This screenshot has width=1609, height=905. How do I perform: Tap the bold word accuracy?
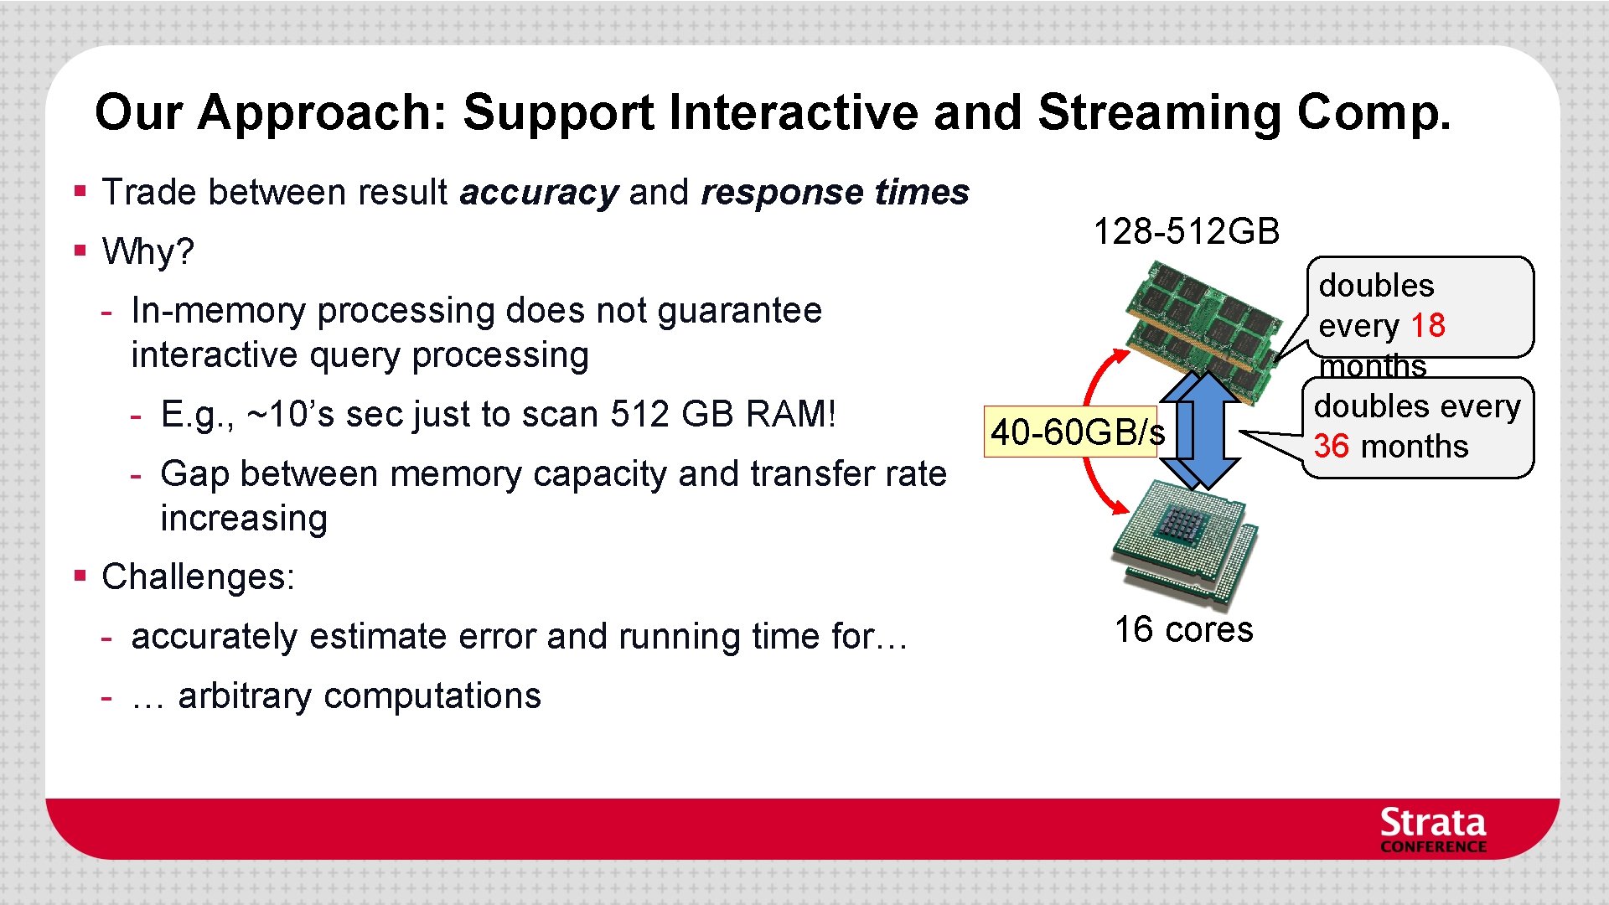coord(538,193)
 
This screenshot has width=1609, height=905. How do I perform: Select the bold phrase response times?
coord(835,193)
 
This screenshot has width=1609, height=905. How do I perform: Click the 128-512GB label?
coord(1186,231)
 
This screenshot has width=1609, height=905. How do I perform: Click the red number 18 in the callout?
coord(1428,325)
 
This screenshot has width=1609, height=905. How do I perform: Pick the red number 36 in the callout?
coord(1331,447)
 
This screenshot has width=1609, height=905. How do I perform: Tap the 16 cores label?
coord(1183,630)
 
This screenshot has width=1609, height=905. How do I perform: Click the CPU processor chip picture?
coord(1183,540)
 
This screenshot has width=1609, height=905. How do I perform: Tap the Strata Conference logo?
coord(1432,830)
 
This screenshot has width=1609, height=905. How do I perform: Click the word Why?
coord(147,251)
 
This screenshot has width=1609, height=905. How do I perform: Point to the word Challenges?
coord(198,577)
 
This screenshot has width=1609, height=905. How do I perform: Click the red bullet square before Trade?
coord(80,191)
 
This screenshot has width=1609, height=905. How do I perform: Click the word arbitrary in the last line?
coord(244,696)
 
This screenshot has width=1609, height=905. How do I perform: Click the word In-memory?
coord(219,311)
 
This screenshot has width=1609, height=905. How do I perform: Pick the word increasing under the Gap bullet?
coord(244,519)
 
